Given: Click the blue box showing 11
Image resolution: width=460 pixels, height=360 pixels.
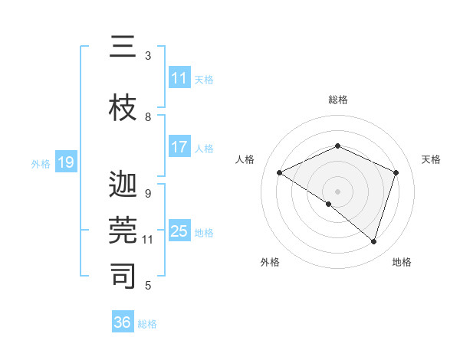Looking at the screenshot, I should point(179,78).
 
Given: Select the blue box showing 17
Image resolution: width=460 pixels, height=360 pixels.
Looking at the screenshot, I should point(179,148).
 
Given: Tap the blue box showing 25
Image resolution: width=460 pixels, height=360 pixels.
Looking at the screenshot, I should point(179,231).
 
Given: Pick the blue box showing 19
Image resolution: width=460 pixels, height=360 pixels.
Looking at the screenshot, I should point(66,162).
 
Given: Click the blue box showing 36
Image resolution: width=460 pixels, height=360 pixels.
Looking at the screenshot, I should point(123,322).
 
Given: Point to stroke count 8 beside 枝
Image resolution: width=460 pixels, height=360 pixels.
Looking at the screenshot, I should point(148,116).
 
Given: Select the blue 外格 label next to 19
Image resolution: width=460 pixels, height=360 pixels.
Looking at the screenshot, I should point(41,163).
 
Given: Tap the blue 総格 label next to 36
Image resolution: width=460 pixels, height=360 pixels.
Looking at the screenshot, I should point(147,323).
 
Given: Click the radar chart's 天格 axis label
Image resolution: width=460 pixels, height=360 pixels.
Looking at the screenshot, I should point(432,159).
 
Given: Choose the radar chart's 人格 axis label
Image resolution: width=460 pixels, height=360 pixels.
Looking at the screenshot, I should point(245,159).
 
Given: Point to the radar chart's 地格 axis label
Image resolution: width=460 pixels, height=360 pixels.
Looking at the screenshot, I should point(402,262).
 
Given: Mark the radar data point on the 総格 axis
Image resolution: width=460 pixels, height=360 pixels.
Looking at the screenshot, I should point(337,146).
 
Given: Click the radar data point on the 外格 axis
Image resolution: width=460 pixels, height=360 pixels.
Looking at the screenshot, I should point(329,204).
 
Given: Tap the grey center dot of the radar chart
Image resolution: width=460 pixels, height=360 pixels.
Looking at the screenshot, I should point(337,191).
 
